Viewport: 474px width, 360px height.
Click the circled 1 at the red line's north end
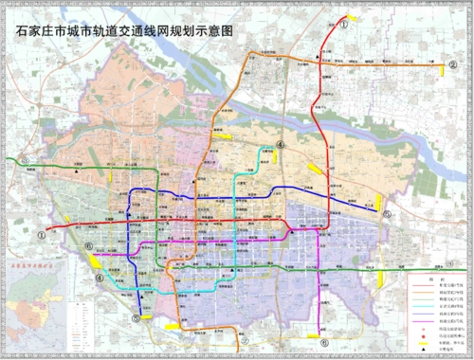tap(344, 27)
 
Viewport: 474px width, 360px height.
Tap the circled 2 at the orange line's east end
tap(453, 64)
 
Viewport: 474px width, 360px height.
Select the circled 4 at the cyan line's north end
tap(281, 144)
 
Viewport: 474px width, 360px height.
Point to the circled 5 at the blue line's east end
tap(388, 214)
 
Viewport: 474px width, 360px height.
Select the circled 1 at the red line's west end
tap(42, 232)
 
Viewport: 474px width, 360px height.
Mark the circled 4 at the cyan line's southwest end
tap(99, 278)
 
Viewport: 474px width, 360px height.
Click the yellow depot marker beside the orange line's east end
tap(443, 68)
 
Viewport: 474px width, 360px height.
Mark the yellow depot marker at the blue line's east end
tap(380, 202)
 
